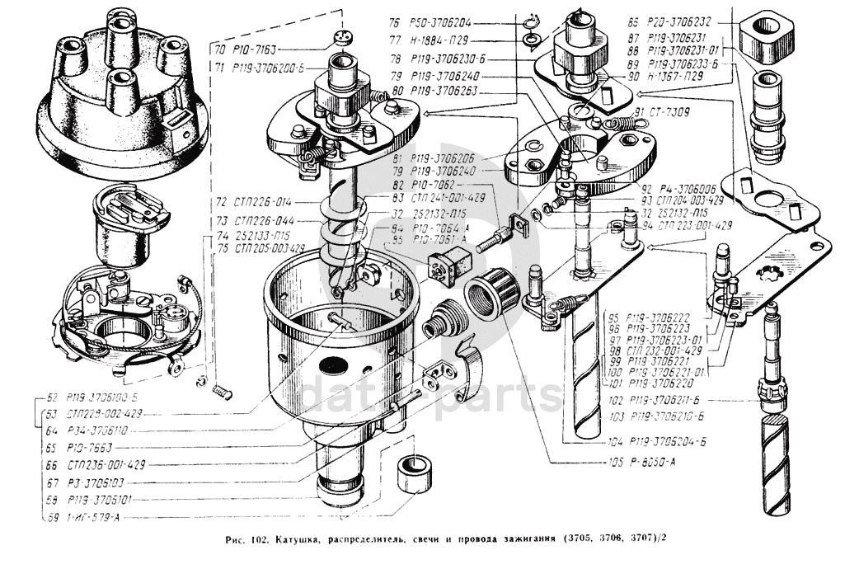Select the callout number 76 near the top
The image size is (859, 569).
394,23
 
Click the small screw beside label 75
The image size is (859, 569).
220,389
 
